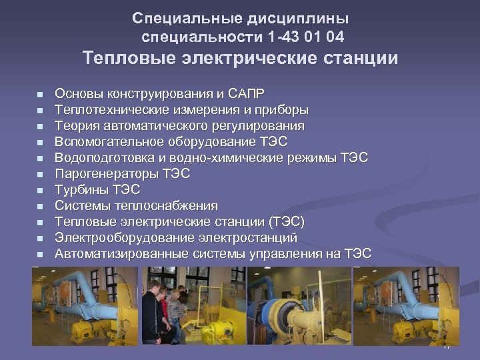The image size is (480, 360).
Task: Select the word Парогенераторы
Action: pyautogui.click(x=107, y=173)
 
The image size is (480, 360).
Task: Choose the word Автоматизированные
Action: pyautogui.click(x=122, y=253)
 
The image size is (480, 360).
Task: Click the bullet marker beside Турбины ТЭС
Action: pyautogui.click(x=40, y=190)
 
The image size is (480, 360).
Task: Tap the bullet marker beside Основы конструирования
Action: pyautogui.click(x=40, y=94)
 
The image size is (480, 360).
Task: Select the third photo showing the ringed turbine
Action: pyautogui.click(x=299, y=306)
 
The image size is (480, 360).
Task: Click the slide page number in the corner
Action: pyautogui.click(x=447, y=347)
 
